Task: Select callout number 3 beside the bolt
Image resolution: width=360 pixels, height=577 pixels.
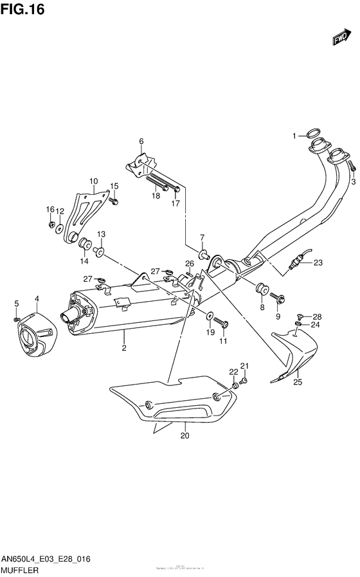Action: [x=353, y=182]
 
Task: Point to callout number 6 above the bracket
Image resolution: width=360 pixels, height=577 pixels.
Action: [x=141, y=142]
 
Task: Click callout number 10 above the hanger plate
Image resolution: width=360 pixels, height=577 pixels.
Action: [x=93, y=181]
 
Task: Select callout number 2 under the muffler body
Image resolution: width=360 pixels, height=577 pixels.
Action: [x=123, y=348]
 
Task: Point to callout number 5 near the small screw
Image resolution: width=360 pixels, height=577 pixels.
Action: [x=17, y=304]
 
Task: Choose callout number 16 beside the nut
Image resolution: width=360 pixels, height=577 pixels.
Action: [x=50, y=209]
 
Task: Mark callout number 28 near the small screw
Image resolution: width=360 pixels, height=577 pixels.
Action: [x=317, y=316]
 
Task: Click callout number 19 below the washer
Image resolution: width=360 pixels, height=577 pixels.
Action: [x=210, y=332]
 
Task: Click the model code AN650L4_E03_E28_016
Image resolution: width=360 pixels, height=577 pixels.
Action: [x=46, y=559]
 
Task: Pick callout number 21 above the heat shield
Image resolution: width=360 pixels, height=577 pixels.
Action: [x=244, y=366]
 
